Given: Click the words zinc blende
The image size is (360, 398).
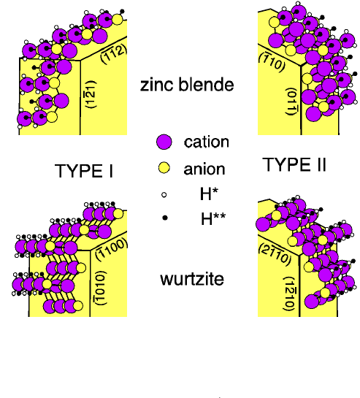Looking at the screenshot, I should (187, 85).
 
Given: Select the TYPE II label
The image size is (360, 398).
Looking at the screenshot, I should (294, 167).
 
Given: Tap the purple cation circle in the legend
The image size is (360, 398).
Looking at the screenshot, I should (164, 142).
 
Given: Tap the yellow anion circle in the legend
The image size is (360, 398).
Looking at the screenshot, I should (165, 169).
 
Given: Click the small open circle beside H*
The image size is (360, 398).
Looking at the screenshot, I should (164, 195).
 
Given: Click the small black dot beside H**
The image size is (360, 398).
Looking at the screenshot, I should (164, 217).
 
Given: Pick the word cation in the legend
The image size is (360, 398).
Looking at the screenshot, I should (207, 142).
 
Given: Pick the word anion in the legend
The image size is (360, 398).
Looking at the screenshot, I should (204, 169).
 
